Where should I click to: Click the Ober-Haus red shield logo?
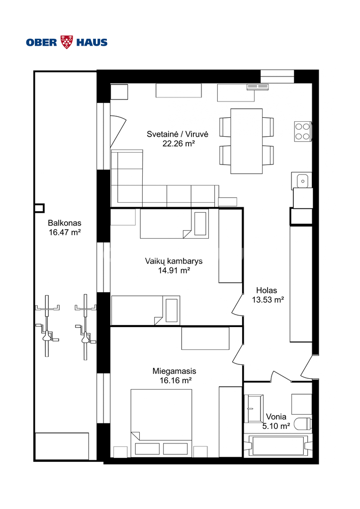67,42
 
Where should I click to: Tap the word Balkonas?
65,223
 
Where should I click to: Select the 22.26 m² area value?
179,144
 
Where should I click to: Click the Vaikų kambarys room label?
174,261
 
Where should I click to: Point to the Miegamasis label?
175,371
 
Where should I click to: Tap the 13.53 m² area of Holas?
268,300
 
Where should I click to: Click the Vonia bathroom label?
276,417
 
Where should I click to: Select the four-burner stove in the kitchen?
303,131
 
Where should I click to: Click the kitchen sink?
301,180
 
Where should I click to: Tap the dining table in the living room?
247,141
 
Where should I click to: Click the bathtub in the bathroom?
278,445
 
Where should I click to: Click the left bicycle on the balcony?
47,326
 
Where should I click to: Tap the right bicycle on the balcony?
86,327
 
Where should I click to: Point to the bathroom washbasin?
254,409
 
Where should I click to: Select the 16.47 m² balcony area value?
65,233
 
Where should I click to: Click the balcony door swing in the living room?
117,131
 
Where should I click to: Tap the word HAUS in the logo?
92,42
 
